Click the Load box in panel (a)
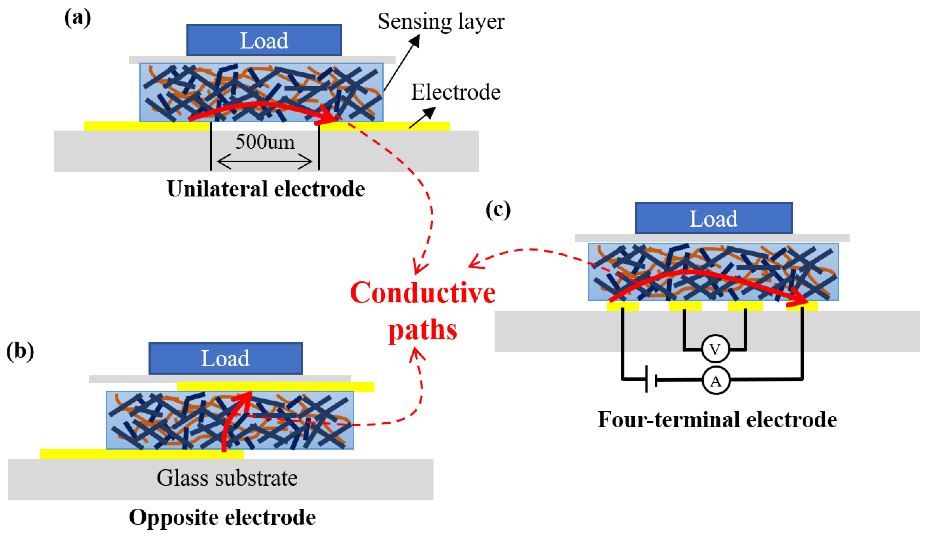pos(264,40)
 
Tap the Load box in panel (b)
pos(225,358)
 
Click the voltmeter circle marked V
pos(715,349)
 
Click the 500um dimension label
pos(265,142)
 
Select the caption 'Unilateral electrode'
pos(266,189)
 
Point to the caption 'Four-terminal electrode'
pos(717,419)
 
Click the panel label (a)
pos(77,18)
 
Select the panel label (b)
pos(20,351)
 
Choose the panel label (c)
pos(498,210)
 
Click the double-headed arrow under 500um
pos(265,161)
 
